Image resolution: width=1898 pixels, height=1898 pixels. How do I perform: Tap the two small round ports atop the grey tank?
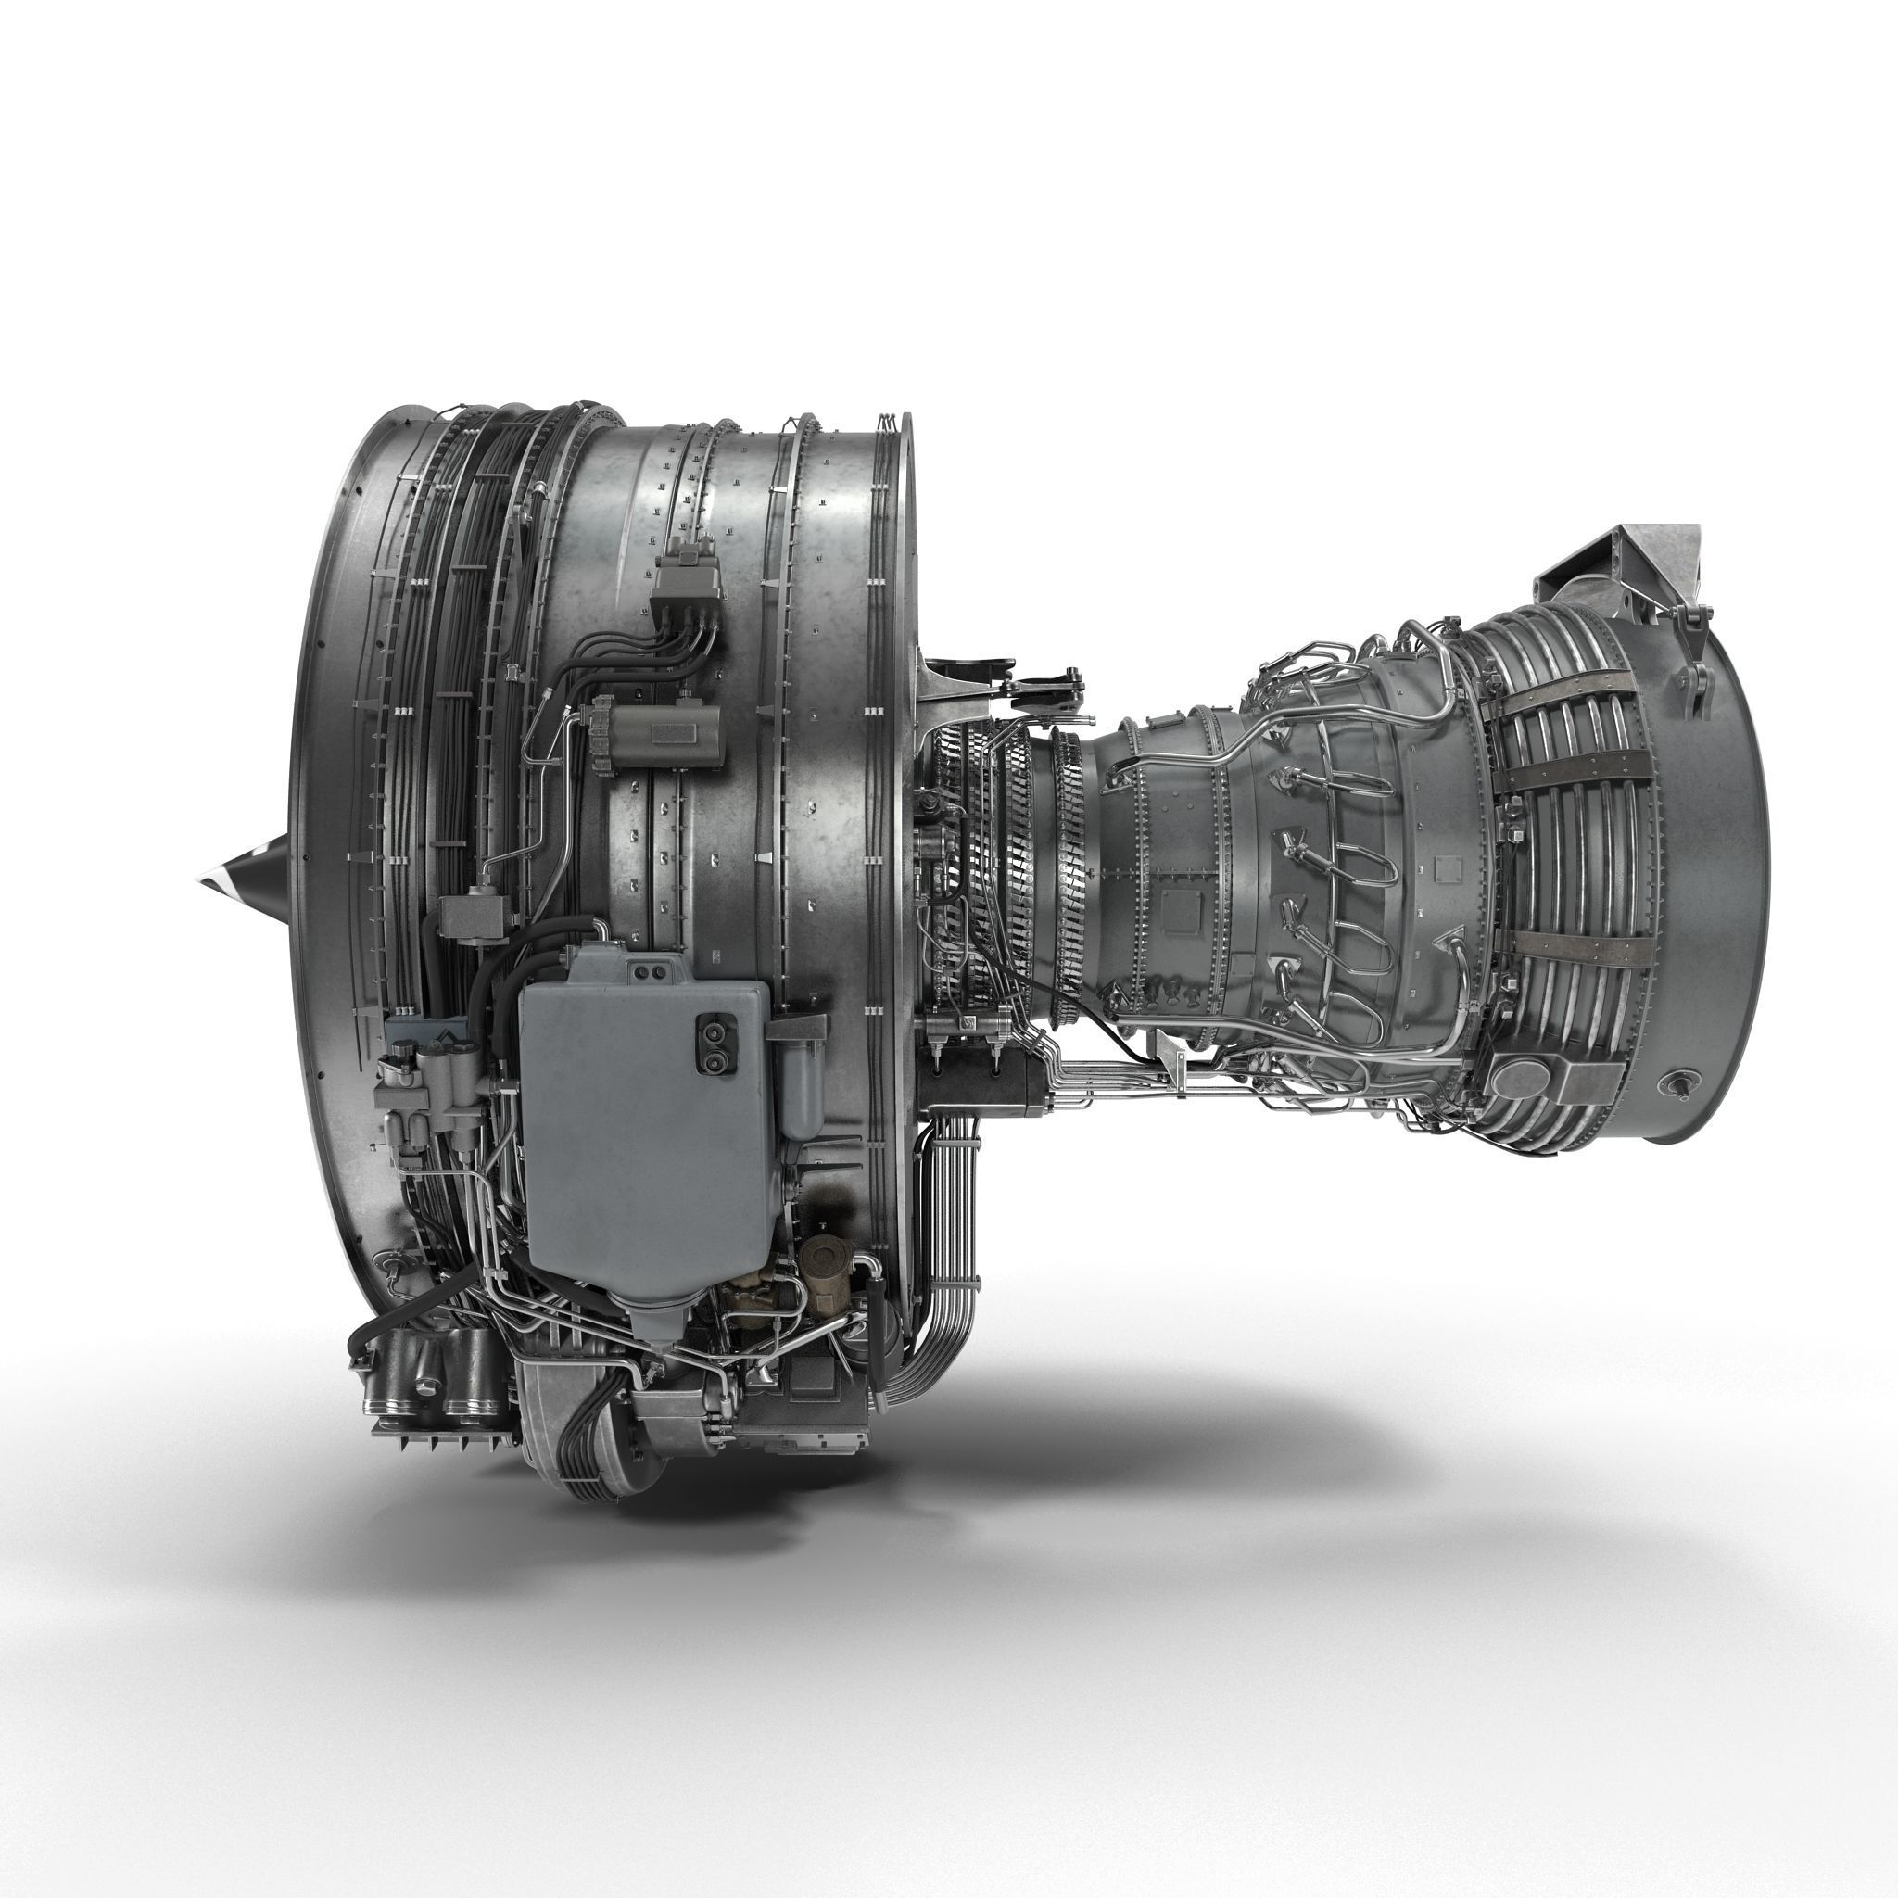pyautogui.click(x=647, y=972)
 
